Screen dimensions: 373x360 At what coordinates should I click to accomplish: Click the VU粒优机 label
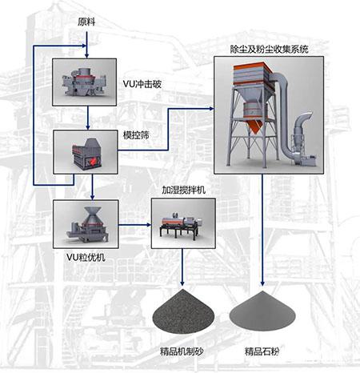pos(86,257)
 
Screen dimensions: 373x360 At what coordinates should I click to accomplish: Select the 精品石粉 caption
pos(266,353)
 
